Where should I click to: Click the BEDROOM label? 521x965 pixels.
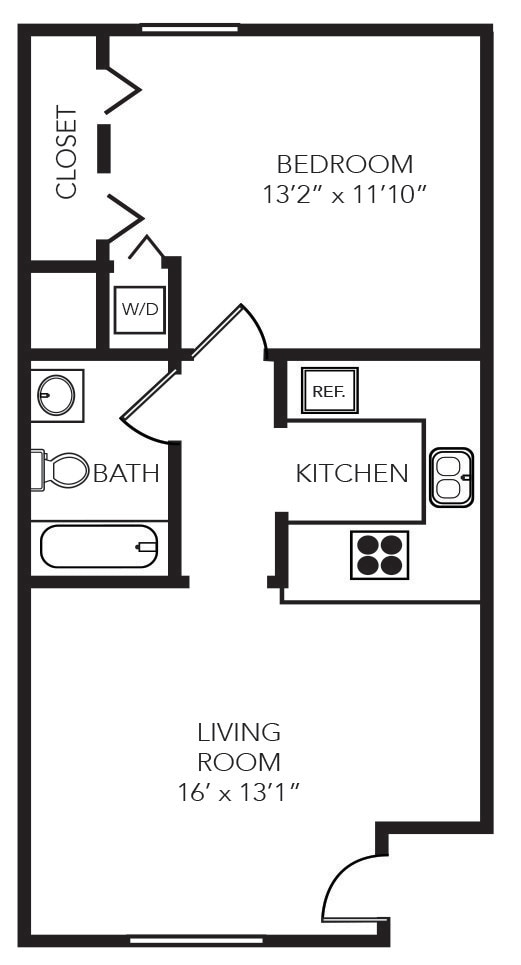[x=344, y=163]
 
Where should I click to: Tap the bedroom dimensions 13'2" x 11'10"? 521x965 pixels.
[x=344, y=193]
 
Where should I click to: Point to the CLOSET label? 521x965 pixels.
[x=66, y=152]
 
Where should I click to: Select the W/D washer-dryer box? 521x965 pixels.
[x=140, y=309]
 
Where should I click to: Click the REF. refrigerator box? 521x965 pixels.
[x=329, y=391]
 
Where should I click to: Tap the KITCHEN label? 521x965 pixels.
[x=352, y=473]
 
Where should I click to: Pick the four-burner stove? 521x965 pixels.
[x=380, y=554]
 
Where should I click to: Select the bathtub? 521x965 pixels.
[x=99, y=546]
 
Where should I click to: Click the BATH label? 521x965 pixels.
[x=126, y=473]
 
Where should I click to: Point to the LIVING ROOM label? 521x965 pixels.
[x=239, y=746]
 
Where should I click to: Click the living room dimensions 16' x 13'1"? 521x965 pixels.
[x=239, y=793]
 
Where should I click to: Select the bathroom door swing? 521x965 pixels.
[x=148, y=405]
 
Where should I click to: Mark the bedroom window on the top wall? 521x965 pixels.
[x=190, y=29]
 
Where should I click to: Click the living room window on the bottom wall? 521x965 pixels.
[x=196, y=940]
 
